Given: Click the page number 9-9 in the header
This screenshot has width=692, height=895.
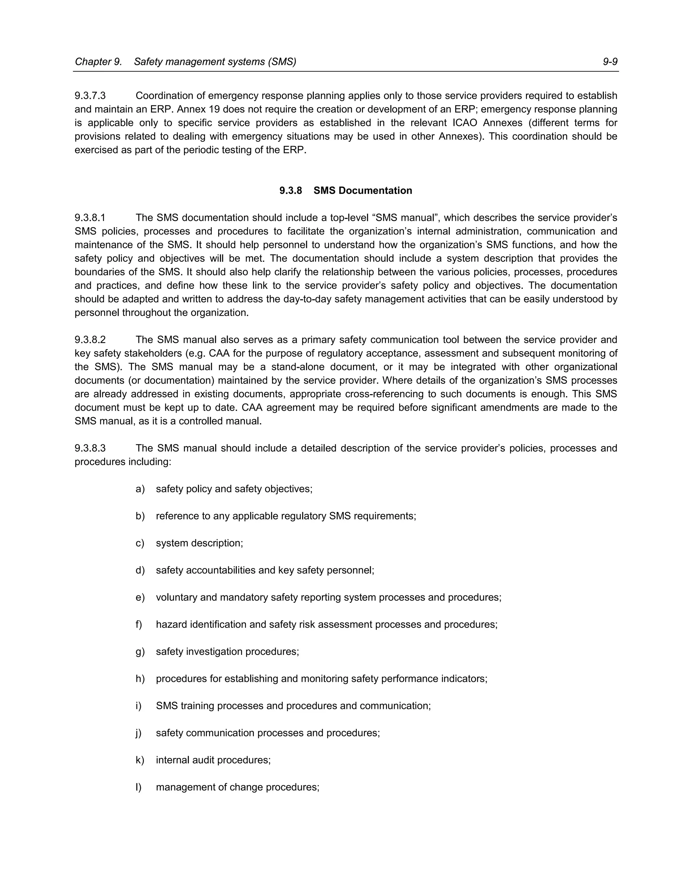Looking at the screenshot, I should click(610, 62).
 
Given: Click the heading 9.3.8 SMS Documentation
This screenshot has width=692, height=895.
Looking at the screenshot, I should click(346, 190).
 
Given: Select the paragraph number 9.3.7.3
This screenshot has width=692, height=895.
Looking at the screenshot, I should click(90, 96).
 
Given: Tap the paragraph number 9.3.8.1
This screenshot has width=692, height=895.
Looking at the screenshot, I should click(90, 218).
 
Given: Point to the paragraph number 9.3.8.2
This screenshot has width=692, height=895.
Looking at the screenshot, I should click(90, 340).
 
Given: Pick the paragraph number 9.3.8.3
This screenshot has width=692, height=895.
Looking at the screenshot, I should click(90, 448).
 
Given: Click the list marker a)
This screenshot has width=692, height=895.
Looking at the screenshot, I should click(140, 489).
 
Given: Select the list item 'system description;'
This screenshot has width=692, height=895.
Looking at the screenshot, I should click(199, 543).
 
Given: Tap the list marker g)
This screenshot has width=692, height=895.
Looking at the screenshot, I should click(140, 651).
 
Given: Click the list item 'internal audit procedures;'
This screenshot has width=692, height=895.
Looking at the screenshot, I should click(213, 760).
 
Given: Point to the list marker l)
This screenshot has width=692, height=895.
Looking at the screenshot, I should click(139, 787).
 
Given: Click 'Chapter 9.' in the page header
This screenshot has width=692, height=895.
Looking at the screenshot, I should click(98, 62).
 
